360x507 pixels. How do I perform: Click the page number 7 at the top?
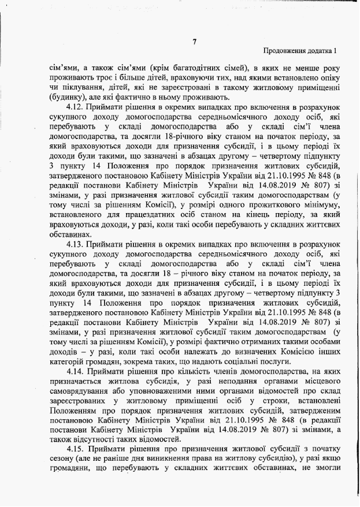coord(195,41)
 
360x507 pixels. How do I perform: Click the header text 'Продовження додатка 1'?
coord(300,52)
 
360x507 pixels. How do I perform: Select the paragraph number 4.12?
coord(77,107)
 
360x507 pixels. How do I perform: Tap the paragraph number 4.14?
coord(77,372)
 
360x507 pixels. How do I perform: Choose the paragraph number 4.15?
coord(77,450)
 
